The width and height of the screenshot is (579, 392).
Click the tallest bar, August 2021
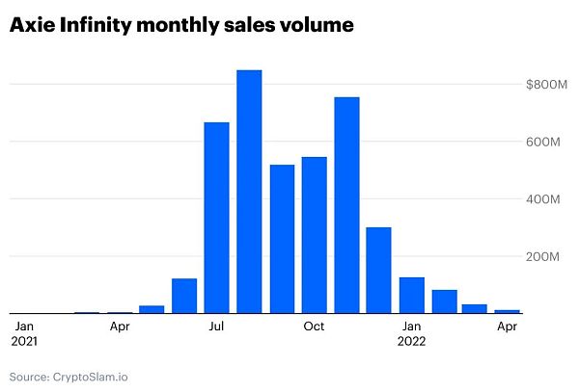click(x=249, y=192)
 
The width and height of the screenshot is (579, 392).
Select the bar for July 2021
click(x=216, y=218)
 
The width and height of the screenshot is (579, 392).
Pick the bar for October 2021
click(x=315, y=235)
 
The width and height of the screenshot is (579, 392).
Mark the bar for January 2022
click(x=412, y=295)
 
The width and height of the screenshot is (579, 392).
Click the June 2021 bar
click(x=184, y=296)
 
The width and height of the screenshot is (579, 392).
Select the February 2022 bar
click(x=444, y=301)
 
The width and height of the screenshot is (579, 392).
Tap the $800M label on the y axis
click(x=542, y=85)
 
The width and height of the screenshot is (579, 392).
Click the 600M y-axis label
click(x=545, y=143)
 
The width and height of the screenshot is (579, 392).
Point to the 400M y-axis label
click(x=545, y=199)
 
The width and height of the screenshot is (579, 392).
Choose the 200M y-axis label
click(x=545, y=257)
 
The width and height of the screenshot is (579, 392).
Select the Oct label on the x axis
click(x=314, y=326)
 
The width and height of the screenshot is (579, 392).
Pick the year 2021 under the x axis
click(x=25, y=340)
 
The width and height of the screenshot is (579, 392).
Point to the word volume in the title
click(x=316, y=26)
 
